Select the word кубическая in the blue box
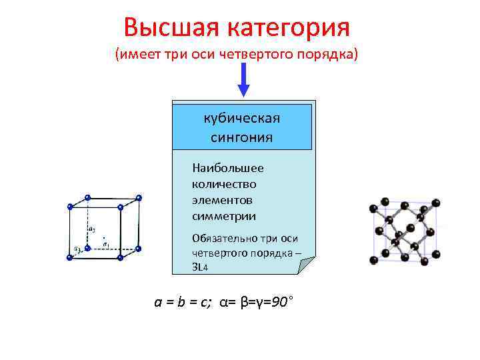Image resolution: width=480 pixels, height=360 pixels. click(241, 118)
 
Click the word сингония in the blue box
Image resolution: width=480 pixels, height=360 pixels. click(241, 137)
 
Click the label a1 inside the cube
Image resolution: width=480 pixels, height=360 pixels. click(106, 244)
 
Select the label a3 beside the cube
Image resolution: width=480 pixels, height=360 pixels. click(77, 249)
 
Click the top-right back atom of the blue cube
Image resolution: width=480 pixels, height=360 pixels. click(139, 197)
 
